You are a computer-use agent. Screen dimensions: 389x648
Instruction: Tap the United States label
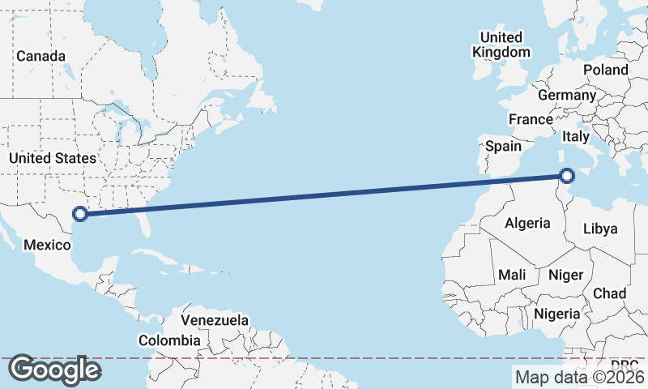(x=53, y=158)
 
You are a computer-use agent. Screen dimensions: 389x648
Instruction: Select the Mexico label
(x=47, y=244)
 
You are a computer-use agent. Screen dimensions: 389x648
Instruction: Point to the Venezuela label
(x=215, y=320)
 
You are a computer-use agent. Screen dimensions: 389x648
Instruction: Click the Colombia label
(x=168, y=340)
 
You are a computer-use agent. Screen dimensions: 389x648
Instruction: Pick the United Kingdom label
(x=501, y=45)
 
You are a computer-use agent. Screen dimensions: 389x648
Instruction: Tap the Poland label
(x=605, y=70)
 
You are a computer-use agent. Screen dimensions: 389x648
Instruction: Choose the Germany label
(x=566, y=95)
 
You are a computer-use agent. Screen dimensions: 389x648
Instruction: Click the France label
(x=531, y=119)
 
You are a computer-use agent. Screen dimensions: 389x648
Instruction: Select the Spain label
(x=503, y=147)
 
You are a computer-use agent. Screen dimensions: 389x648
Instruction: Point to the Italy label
(x=575, y=137)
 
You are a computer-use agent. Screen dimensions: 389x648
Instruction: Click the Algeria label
(x=527, y=223)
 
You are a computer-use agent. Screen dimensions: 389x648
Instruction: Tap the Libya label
(x=600, y=229)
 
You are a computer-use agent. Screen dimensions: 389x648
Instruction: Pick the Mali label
(x=513, y=275)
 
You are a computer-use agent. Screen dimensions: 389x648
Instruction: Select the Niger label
(x=565, y=275)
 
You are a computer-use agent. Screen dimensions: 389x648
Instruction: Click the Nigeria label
(x=557, y=314)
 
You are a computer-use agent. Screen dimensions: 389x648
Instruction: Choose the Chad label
(x=609, y=293)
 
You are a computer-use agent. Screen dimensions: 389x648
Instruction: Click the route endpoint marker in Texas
(x=80, y=214)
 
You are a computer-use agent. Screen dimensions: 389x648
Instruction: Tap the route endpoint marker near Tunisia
(x=567, y=175)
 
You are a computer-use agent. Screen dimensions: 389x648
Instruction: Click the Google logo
(x=54, y=370)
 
